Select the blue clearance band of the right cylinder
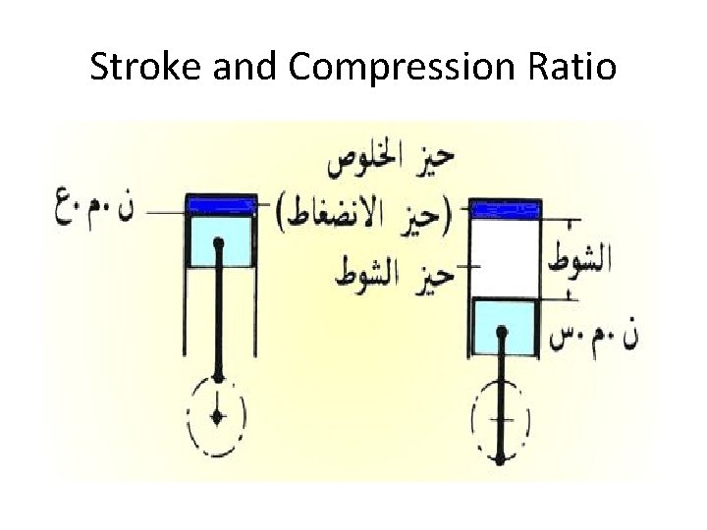[x=506, y=208]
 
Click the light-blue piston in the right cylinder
[x=504, y=328]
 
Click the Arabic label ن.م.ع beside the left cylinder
[x=94, y=208]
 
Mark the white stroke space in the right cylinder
[x=506, y=258]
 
